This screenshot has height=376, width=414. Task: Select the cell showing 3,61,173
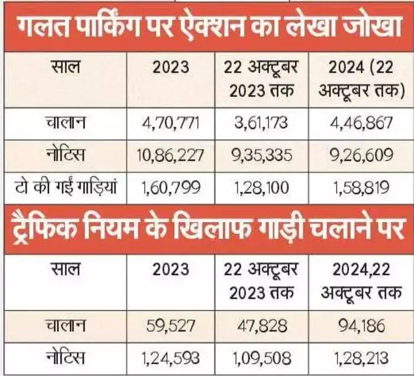pos(260,124)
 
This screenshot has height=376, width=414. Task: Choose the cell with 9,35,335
pos(260,155)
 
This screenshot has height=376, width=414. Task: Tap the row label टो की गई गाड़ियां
pos(68,187)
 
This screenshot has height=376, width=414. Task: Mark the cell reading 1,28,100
pos(260,187)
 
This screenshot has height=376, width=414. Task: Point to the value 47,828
pos(260,326)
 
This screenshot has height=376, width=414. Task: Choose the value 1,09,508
pos(260,358)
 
